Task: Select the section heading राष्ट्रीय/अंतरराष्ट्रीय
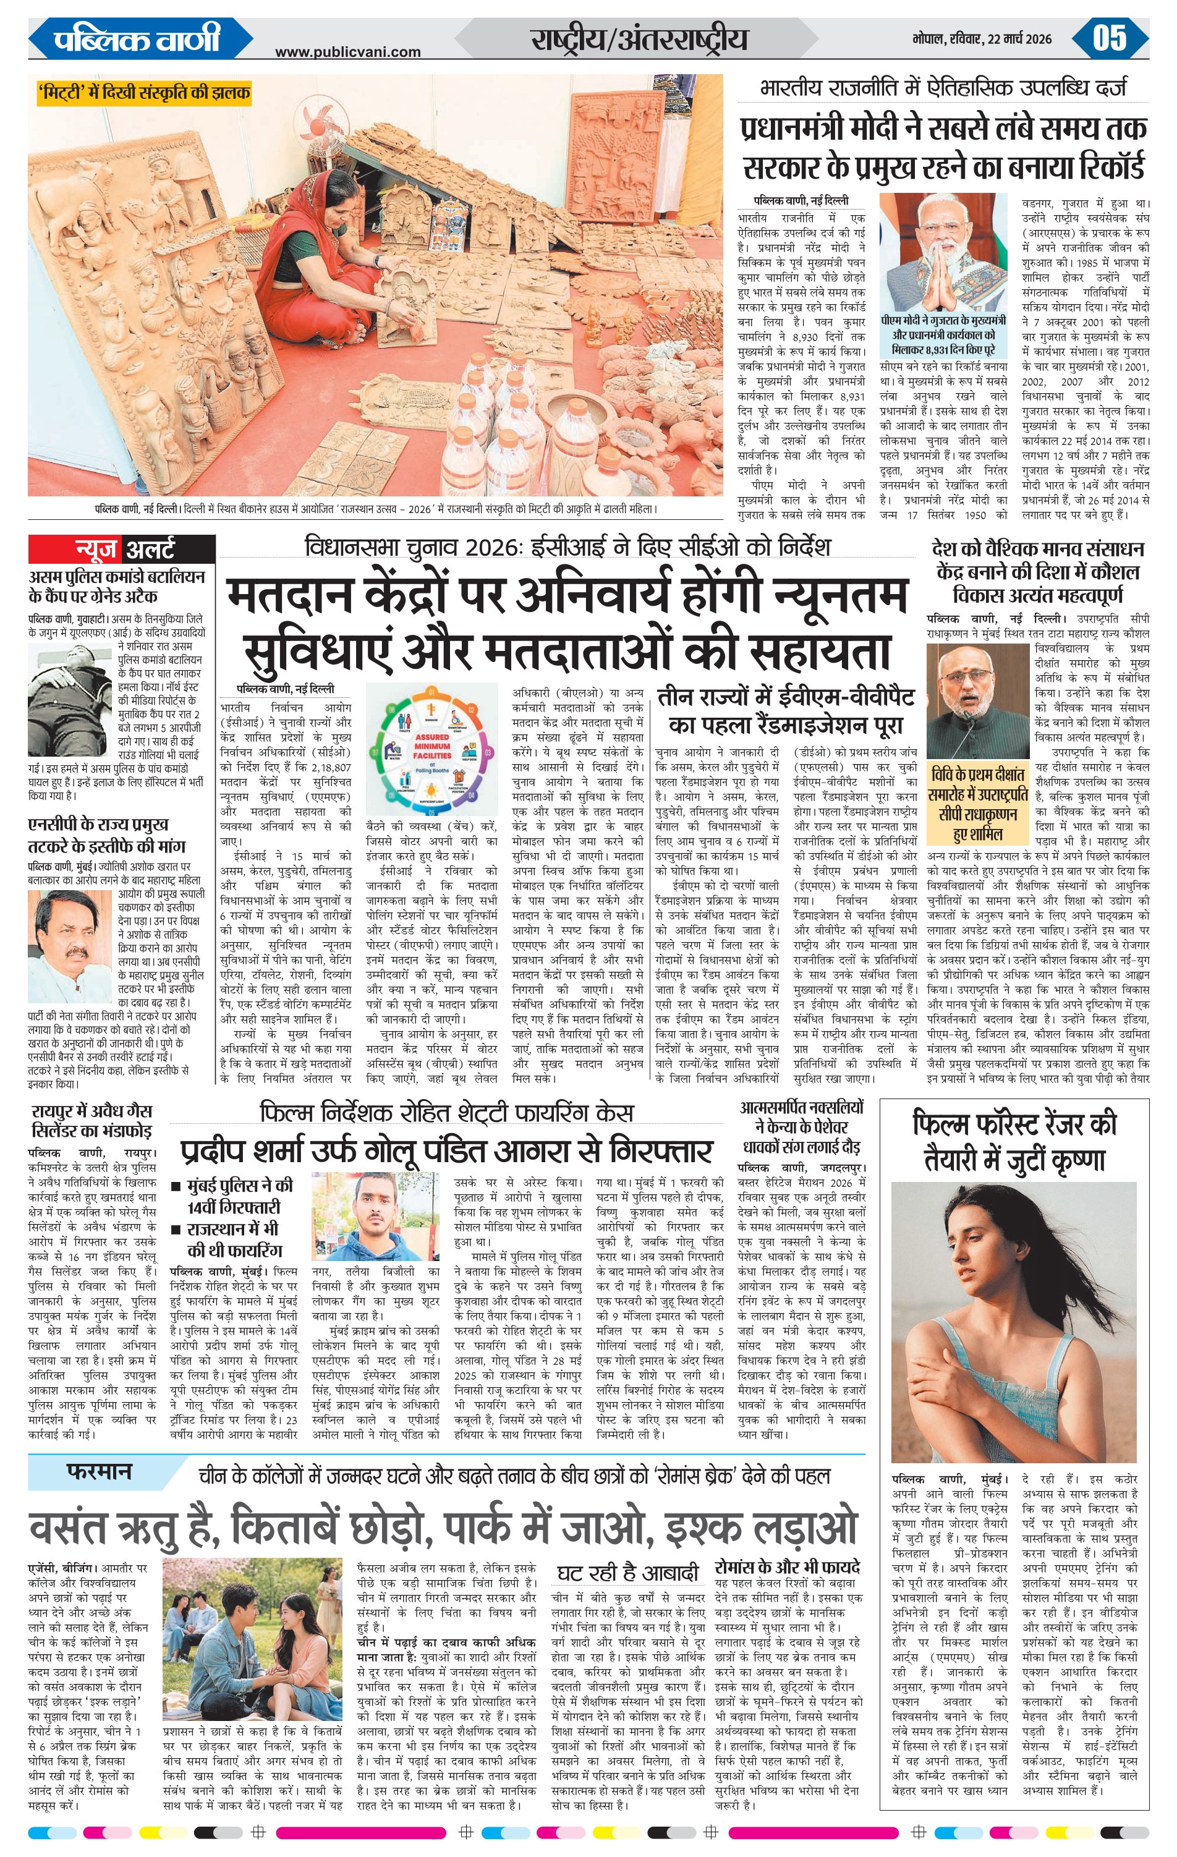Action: click(x=639, y=38)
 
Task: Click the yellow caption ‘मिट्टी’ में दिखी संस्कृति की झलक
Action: click(x=143, y=93)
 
